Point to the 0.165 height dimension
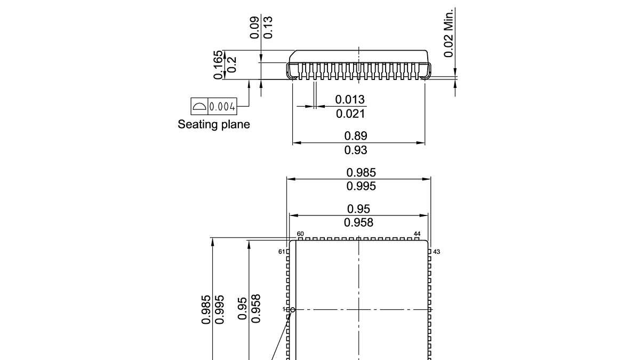tap(218, 65)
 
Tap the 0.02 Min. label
tap(449, 33)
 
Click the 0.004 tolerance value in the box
tap(222, 107)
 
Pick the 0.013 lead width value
tap(350, 100)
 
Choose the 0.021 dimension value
tap(350, 114)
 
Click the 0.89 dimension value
tap(356, 136)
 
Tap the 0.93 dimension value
tap(356, 150)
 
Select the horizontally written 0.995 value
tap(361, 186)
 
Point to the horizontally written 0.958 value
tap(358, 222)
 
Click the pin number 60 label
tap(300, 234)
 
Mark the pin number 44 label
tap(417, 234)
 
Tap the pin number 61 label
tap(282, 252)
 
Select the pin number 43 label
tap(436, 252)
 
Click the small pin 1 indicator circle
tap(292, 309)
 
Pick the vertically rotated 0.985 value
tap(206, 309)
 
